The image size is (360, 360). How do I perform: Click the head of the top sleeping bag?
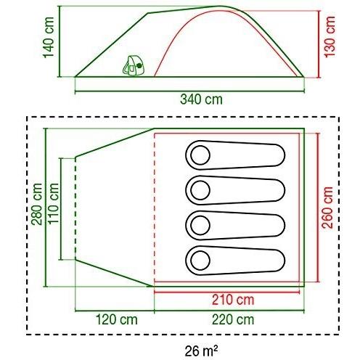199,154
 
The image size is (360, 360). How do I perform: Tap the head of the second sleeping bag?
199,189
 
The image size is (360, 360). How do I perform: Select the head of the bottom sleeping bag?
199,258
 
